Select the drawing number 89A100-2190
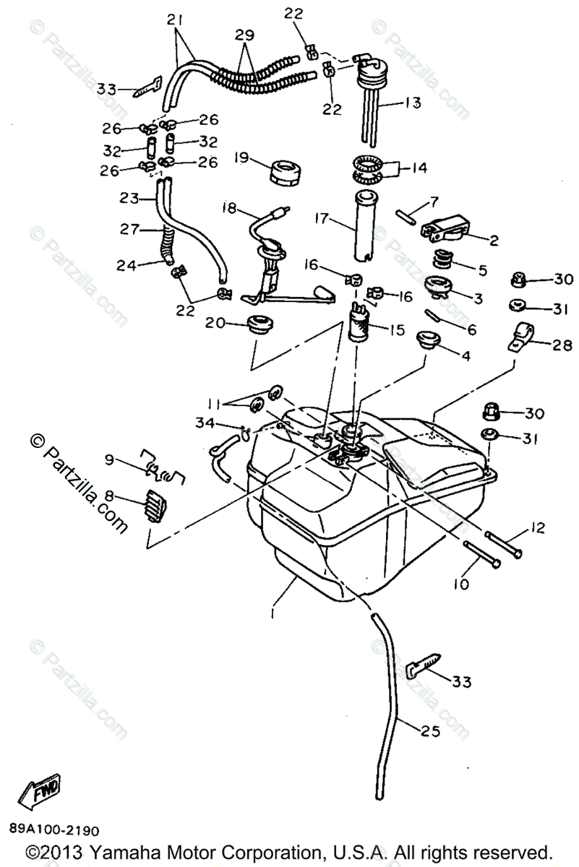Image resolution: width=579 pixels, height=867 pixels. tap(55, 831)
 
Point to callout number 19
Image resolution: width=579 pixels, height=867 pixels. tap(242, 157)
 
